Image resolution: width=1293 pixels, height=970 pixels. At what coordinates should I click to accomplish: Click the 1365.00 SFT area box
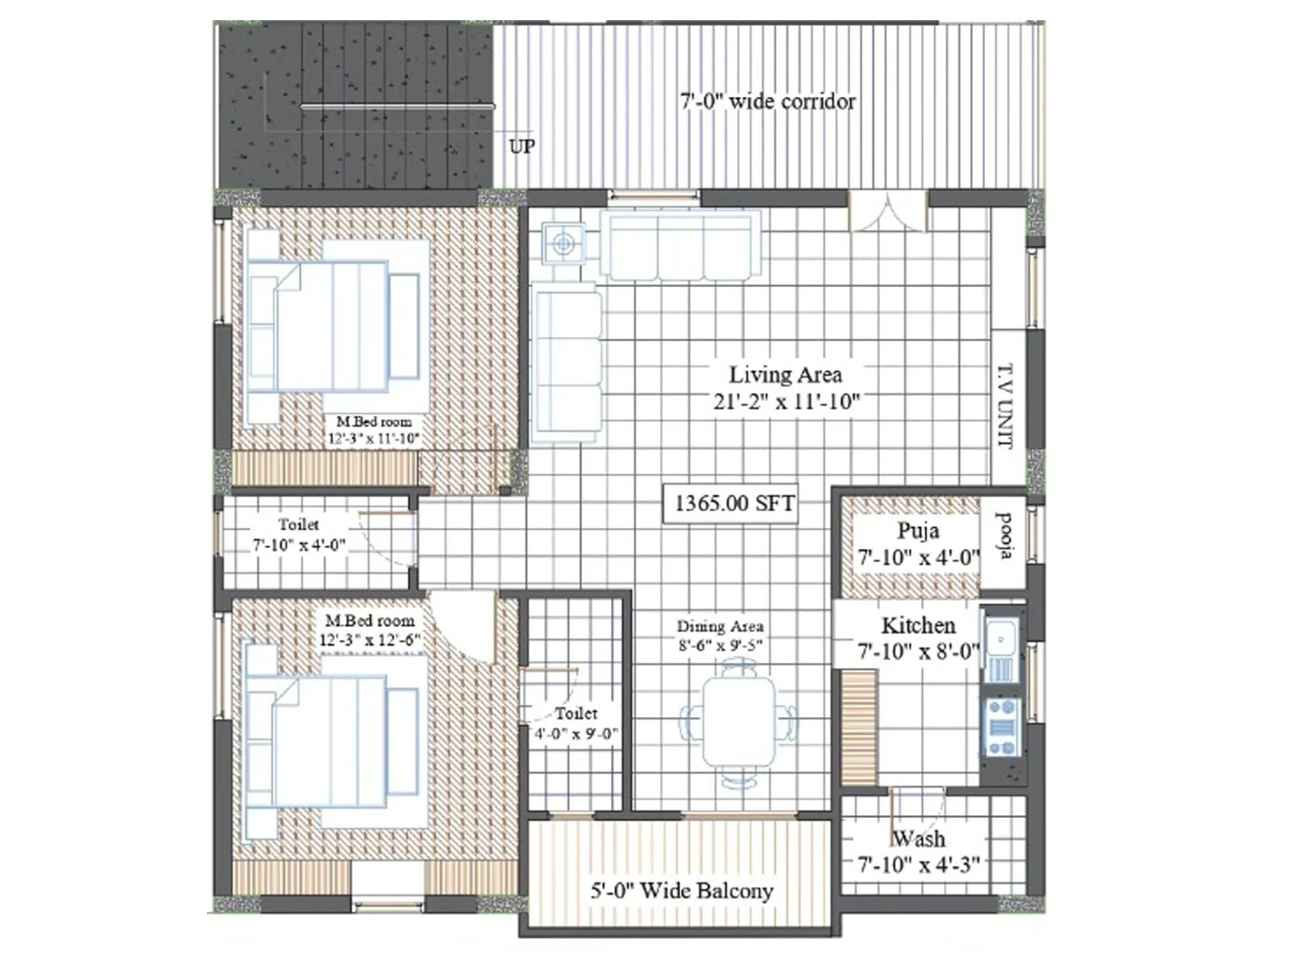732,503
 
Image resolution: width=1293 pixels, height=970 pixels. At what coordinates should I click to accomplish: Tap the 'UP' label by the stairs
521,146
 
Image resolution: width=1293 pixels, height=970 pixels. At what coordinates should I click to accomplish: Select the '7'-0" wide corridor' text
767,102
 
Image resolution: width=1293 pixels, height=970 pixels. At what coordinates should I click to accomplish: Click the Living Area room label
785,375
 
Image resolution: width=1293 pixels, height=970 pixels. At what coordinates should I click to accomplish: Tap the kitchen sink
1000,651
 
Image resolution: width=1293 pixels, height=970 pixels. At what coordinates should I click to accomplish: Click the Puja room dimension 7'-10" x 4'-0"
918,558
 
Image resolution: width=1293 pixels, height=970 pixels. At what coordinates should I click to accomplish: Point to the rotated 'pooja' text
1004,536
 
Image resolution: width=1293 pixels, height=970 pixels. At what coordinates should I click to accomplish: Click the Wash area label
918,839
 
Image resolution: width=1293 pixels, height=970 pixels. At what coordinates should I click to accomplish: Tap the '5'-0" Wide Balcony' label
681,891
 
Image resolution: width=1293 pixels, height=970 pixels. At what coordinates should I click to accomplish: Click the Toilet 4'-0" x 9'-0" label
575,724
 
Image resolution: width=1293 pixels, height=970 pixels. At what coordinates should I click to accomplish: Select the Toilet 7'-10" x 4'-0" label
299,536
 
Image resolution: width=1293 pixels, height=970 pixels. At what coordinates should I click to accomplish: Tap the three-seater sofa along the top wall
680,246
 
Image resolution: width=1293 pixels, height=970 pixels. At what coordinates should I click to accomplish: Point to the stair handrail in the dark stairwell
397,107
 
